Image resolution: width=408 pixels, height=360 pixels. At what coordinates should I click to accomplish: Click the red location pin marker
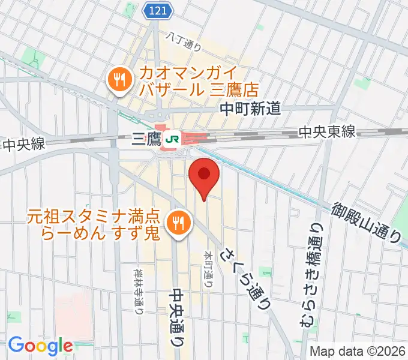point(204,175)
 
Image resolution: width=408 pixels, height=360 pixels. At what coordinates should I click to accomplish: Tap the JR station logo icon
point(173,139)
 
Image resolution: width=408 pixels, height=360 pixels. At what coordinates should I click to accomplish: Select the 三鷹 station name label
point(146,140)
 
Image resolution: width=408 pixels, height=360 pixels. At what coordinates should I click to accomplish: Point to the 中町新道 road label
point(250,109)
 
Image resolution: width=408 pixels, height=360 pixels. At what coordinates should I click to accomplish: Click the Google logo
point(40,346)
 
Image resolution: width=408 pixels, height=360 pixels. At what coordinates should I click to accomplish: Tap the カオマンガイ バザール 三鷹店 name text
point(198,82)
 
